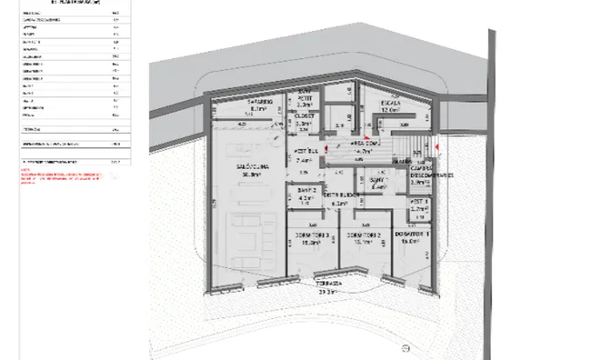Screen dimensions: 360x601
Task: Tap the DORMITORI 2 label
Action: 362,238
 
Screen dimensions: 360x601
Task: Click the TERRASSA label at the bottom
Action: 327,284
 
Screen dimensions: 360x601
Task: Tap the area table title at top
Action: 64,3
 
